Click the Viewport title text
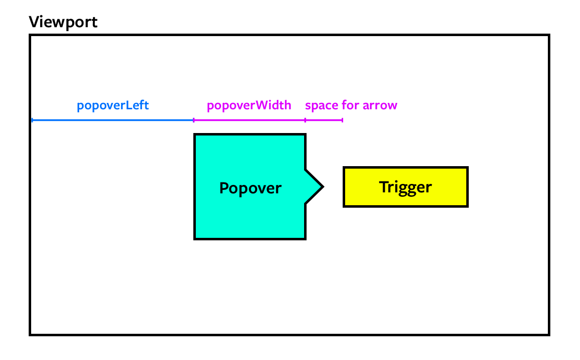[63, 22]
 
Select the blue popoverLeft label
[113, 105]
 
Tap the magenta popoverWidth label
[249, 105]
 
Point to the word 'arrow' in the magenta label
[380, 106]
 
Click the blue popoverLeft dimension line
[113, 120]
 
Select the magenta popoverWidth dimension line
[249, 120]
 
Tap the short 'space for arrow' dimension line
[324, 120]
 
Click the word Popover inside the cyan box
[250, 188]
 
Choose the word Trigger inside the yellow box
[405, 187]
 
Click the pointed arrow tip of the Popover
[322, 187]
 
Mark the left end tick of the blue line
[32, 120]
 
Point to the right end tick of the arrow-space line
[342, 120]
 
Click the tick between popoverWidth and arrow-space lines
[305, 120]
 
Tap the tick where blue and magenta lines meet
[193, 120]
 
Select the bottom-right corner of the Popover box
[305, 239]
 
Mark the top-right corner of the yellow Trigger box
[467, 168]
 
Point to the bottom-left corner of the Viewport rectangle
[31, 334]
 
